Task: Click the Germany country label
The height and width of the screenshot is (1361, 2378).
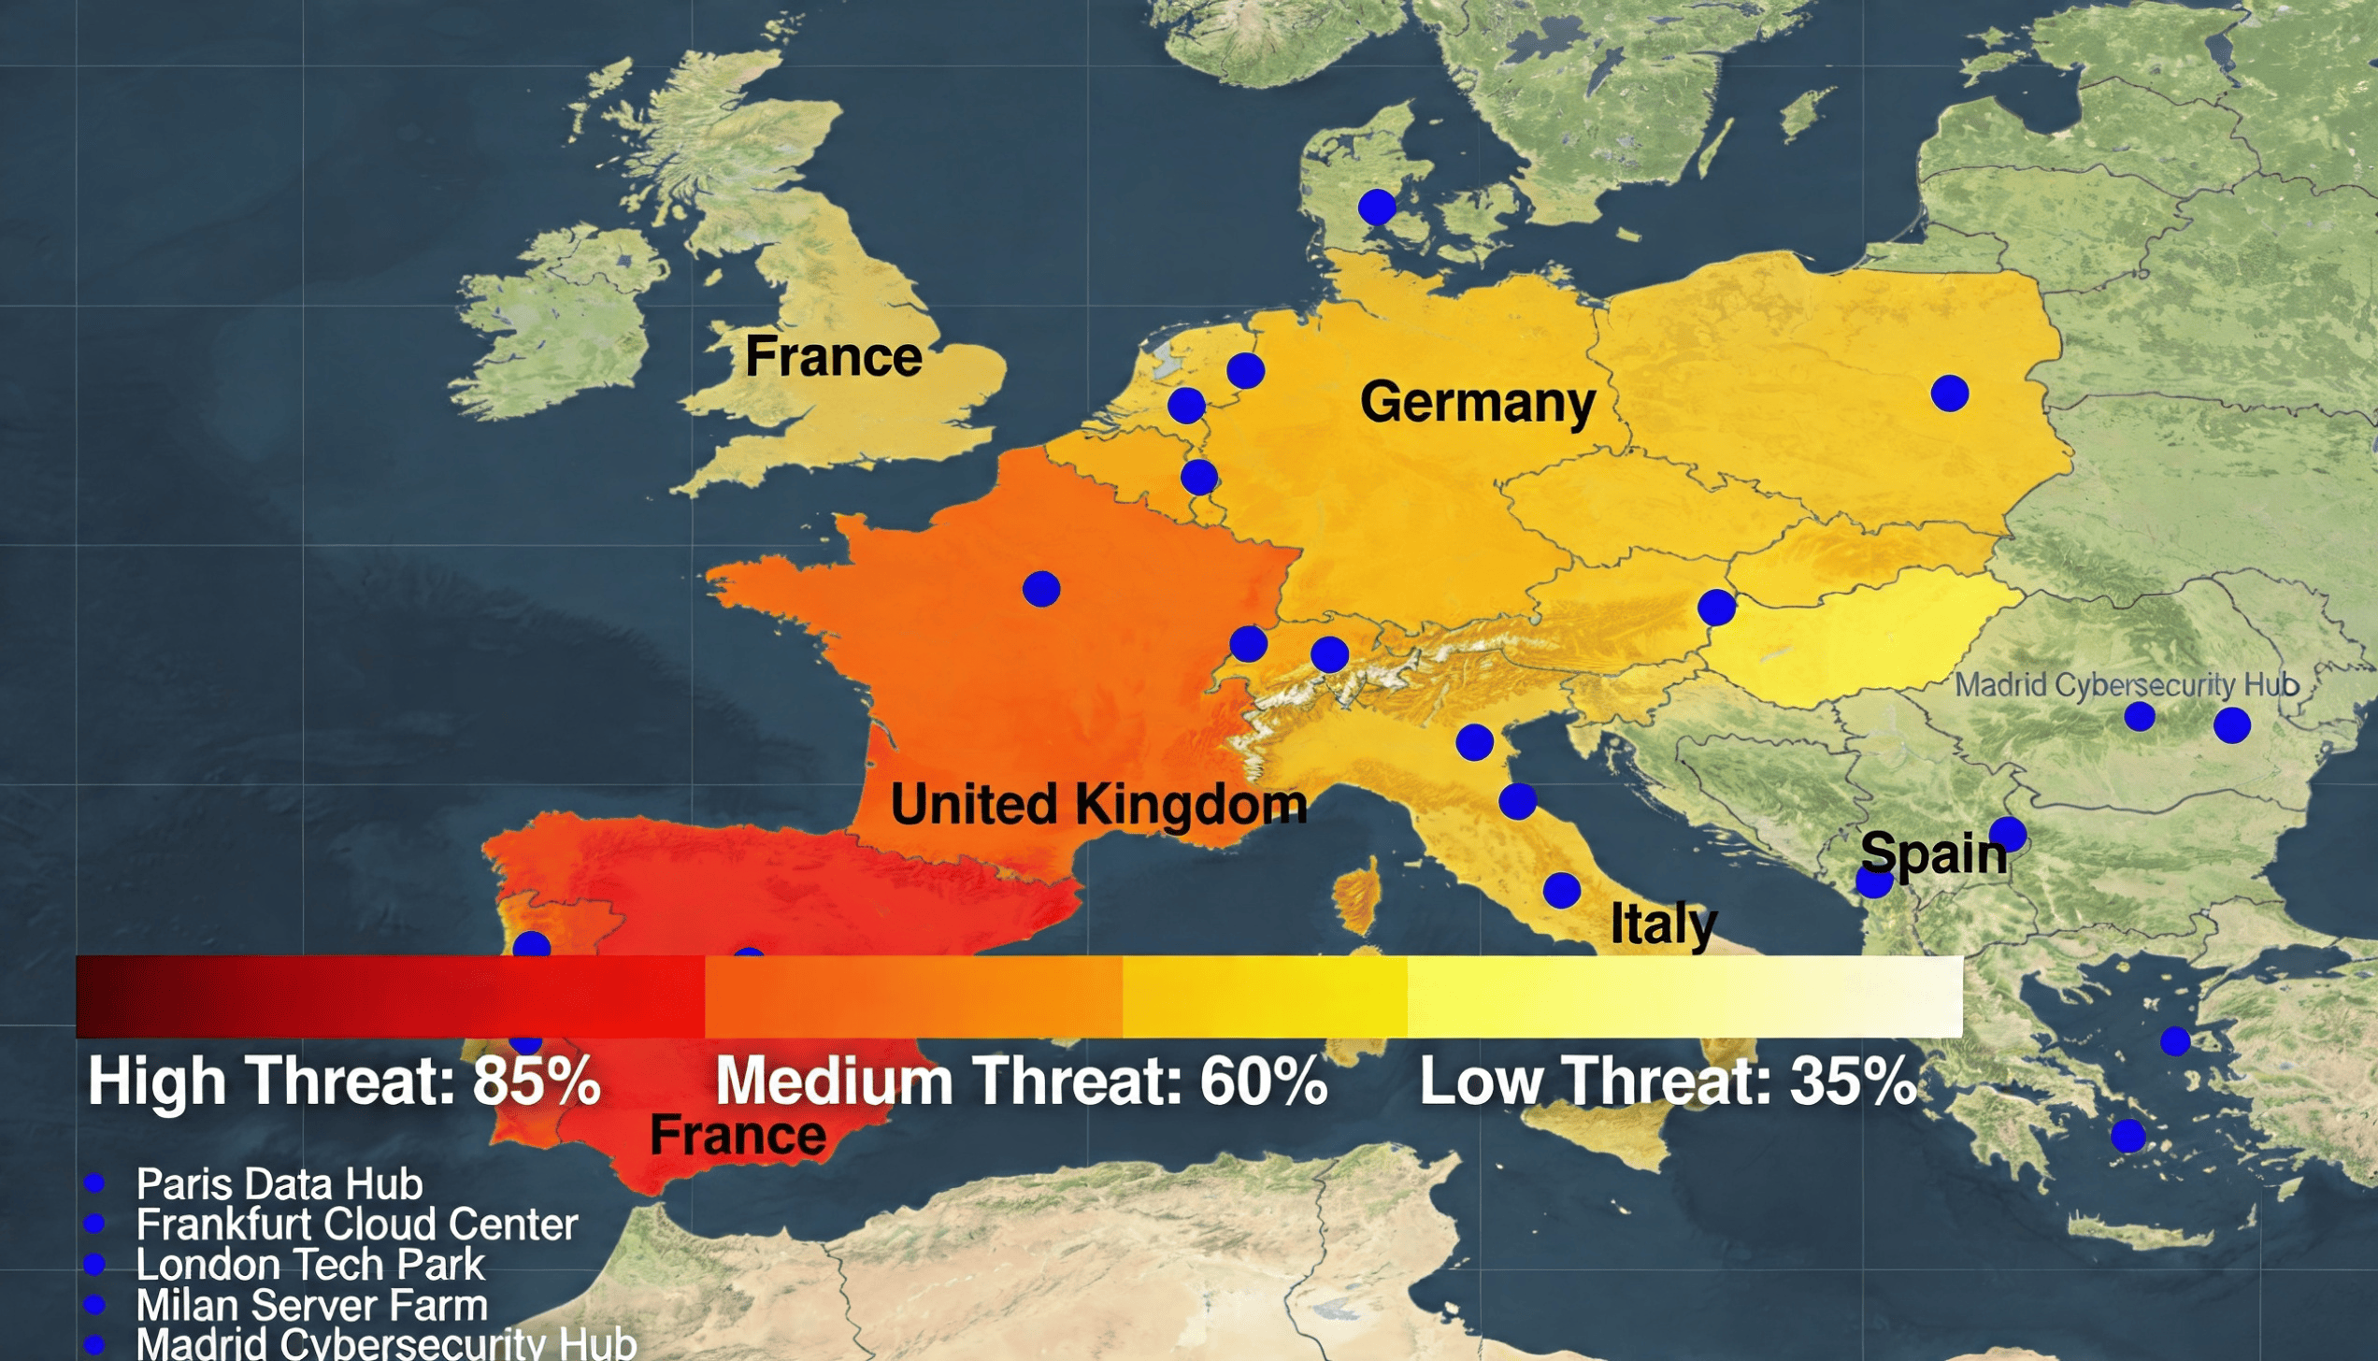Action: coord(1477,402)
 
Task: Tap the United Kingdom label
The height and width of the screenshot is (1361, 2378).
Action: coord(1098,805)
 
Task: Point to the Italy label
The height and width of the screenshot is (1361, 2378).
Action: coord(1663,924)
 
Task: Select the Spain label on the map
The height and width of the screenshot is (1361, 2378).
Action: coord(1933,853)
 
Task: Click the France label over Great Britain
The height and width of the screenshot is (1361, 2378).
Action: coord(833,356)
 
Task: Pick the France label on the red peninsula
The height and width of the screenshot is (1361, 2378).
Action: coord(738,1135)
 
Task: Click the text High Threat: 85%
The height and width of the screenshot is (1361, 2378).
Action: coord(344,1082)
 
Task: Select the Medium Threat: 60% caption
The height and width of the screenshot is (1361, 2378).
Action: coord(1021,1082)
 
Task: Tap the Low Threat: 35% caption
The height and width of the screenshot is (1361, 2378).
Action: coord(1668,1082)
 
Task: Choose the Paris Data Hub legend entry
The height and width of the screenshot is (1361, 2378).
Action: coord(279,1184)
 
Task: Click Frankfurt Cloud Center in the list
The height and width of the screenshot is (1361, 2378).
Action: coord(357,1225)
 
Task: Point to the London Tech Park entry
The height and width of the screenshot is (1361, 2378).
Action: coord(310,1265)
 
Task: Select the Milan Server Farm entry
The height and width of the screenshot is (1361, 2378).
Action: coord(312,1305)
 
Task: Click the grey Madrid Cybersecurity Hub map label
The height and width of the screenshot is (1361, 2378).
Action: coord(2127,685)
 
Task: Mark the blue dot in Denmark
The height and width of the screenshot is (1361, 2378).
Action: coord(1377,207)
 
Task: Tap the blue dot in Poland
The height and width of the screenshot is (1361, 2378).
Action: coord(1950,394)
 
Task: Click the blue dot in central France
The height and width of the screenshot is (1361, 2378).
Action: coord(1041,589)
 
